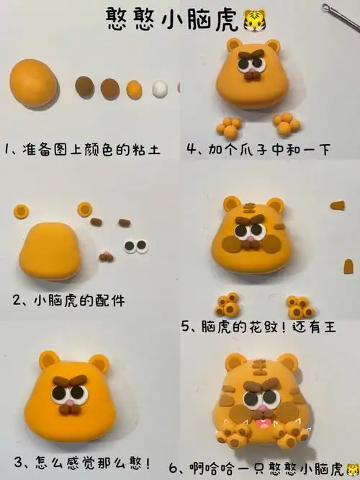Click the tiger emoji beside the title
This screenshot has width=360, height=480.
pyautogui.click(x=254, y=17)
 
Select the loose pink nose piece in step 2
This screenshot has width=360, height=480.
pyautogui.click(x=107, y=254)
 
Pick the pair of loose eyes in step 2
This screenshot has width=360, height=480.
pyautogui.click(x=136, y=247)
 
